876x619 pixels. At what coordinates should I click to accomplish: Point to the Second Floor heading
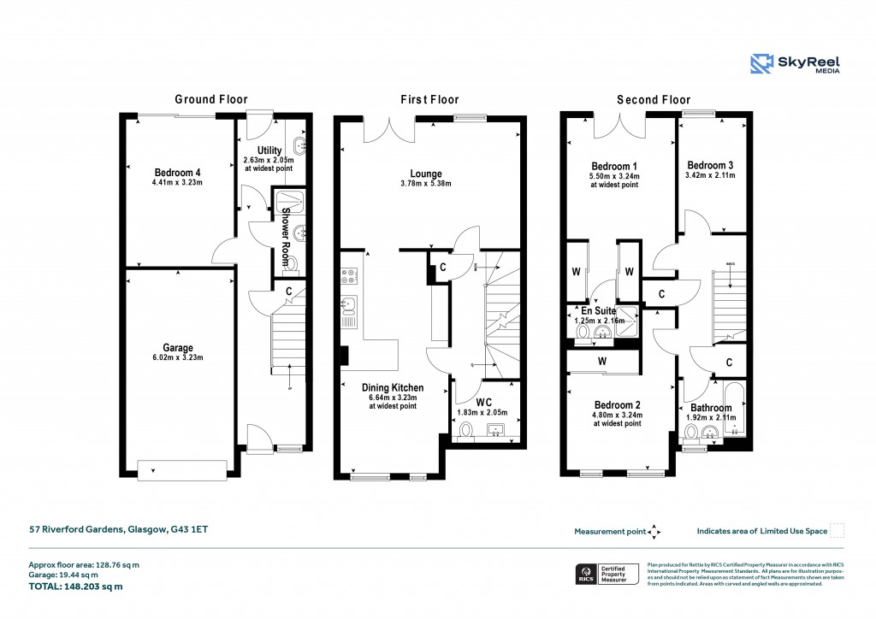[654, 99]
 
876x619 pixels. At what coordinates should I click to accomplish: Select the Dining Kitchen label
[393, 387]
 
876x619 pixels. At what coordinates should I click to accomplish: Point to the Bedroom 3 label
[710, 165]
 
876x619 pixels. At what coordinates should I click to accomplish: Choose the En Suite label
[599, 310]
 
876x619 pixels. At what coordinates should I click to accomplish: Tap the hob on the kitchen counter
[349, 276]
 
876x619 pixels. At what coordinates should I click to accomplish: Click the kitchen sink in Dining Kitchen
[349, 305]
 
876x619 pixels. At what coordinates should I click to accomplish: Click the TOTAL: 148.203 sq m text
[76, 587]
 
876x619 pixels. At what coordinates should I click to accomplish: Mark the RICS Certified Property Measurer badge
[606, 574]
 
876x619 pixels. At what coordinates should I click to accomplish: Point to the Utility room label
[269, 150]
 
